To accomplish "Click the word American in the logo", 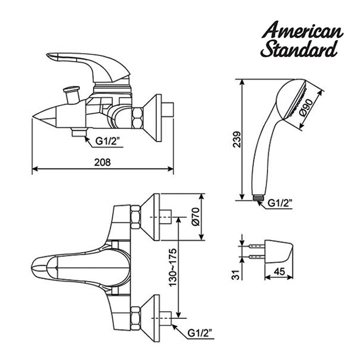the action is [x=302, y=30].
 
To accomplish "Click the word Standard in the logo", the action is [x=299, y=49].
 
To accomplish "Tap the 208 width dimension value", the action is [x=102, y=162].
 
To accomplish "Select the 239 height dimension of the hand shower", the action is [x=236, y=139].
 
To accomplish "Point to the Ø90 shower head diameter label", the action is [x=307, y=107].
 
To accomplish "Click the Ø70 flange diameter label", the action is [x=196, y=216].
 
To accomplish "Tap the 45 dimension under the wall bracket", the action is [x=279, y=271].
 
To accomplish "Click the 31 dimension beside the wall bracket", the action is [x=236, y=274].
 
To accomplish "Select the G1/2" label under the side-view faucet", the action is [x=107, y=141].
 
